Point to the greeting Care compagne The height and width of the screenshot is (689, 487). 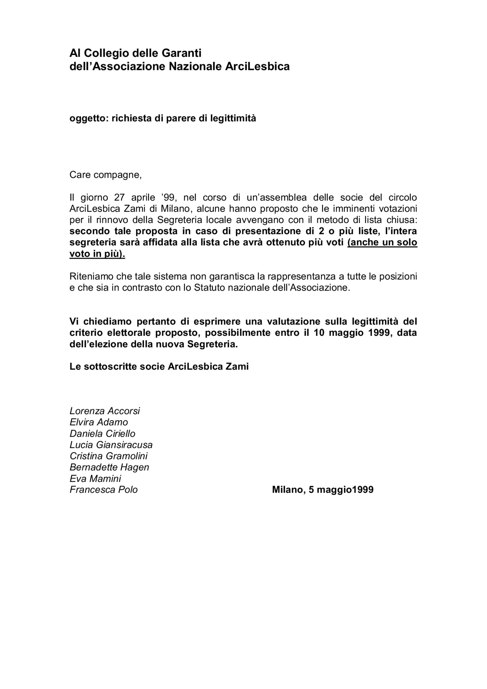pos(105,175)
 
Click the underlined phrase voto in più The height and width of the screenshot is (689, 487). pos(97,254)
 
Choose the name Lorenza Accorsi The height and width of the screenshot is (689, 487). pos(105,411)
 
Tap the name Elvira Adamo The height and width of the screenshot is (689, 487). pos(99,422)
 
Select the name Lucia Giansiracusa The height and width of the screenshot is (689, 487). pos(111,445)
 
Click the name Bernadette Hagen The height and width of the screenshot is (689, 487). pos(109,467)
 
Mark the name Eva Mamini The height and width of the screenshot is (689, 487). pos(95,479)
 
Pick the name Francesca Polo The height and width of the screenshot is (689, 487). pos(104,490)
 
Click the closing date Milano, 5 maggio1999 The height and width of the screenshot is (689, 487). pos(323,490)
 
